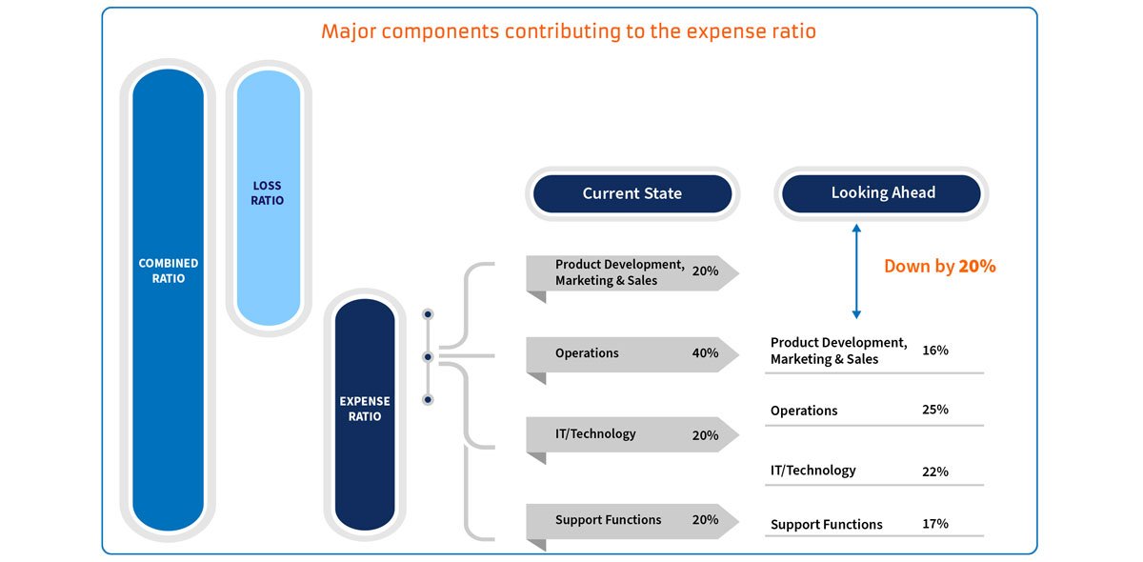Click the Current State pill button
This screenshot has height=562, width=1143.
pos(632,193)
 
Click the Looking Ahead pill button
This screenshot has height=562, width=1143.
pos(882,192)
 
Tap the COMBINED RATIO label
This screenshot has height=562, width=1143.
pos(169,271)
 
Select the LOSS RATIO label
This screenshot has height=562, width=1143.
pos(268,193)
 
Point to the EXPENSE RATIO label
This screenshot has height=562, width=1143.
pos(365,409)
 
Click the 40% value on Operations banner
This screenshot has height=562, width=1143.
pos(705,353)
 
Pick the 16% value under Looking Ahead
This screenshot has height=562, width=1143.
pos(934,351)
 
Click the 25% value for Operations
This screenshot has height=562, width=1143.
pos(934,410)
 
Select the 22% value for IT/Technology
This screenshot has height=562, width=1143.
pos(934,471)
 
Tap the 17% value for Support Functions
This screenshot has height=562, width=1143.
pos(934,524)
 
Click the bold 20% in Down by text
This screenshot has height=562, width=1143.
pos(976,267)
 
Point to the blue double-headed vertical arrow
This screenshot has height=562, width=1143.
pos(856,271)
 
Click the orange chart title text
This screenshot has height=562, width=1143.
pos(569,30)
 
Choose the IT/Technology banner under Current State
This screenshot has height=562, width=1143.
pos(595,434)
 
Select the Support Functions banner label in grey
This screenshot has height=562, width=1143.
pos(608,520)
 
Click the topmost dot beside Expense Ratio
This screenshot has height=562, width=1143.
pos(428,314)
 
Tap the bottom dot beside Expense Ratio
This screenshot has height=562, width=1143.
pos(428,400)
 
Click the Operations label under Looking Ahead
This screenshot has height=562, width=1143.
pos(804,411)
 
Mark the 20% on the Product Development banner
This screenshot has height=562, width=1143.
pos(705,271)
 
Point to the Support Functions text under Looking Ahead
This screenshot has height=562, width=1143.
pos(826,525)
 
